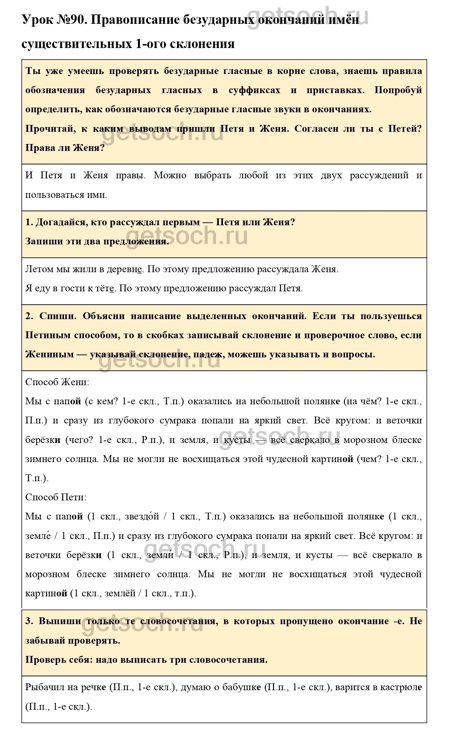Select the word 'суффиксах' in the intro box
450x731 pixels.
(x=254, y=90)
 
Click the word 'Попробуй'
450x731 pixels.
(x=398, y=90)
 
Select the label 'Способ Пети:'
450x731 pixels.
(x=56, y=497)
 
